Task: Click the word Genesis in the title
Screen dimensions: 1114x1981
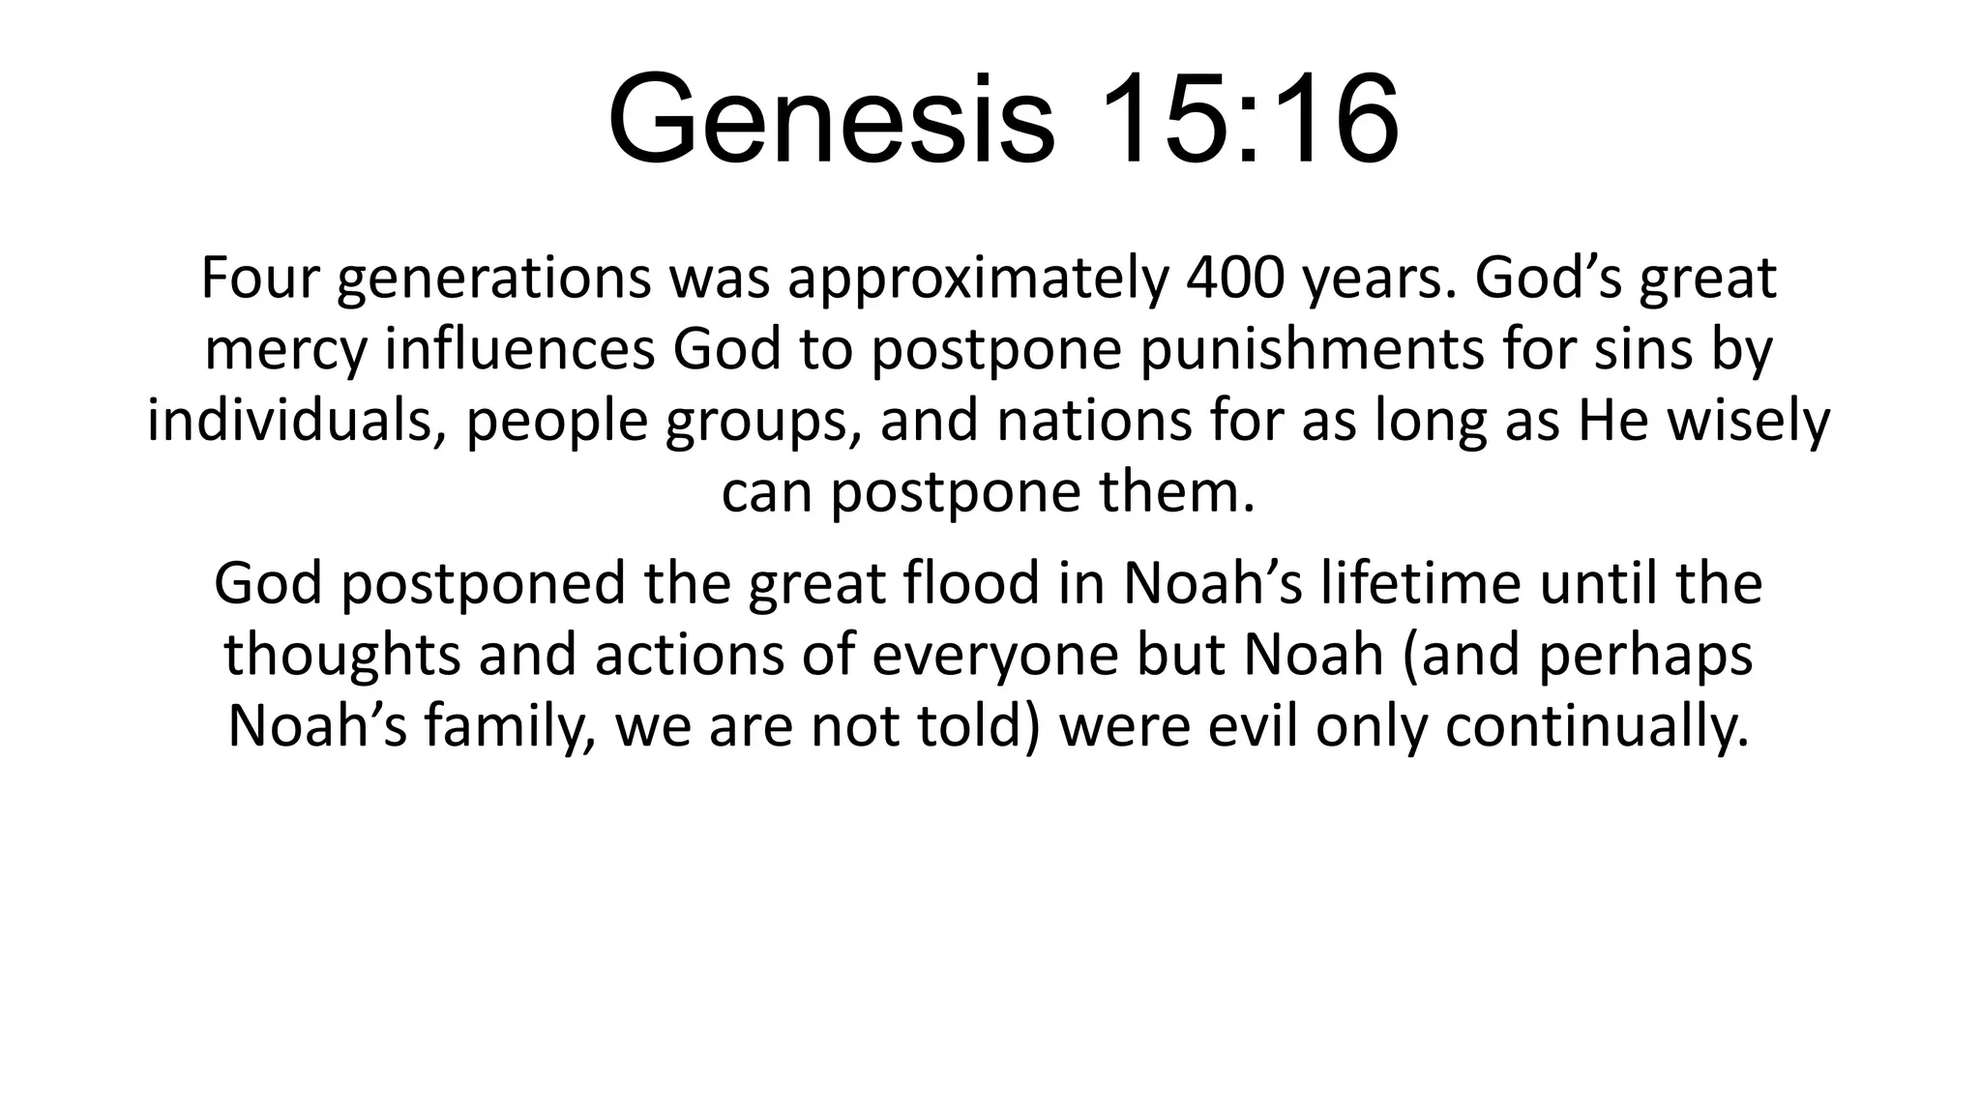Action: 831,121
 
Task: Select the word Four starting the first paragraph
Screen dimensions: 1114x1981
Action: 259,278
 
